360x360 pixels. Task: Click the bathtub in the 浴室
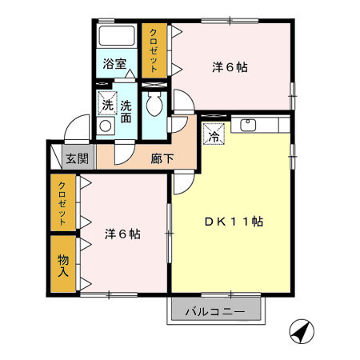pos(117,36)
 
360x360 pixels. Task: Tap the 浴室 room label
pos(114,64)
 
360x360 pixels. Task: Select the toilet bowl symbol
pos(154,104)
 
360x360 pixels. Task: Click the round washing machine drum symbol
pos(106,126)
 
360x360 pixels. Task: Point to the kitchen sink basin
pos(248,125)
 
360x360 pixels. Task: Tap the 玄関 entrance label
pos(77,158)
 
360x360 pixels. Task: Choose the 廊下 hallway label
pos(162,159)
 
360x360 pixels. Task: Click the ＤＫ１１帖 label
pos(234,222)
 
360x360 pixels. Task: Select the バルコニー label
pos(215,312)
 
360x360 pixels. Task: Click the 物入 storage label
pos(63,266)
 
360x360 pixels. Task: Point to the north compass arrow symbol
pos(302,332)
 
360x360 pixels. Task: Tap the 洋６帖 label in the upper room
pos(230,67)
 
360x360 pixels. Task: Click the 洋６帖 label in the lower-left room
pos(122,234)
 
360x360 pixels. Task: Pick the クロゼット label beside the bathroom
pos(154,50)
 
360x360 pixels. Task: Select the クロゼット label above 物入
pos(62,203)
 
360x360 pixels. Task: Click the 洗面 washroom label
pos(126,112)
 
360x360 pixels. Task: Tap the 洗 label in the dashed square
pos(108,106)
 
